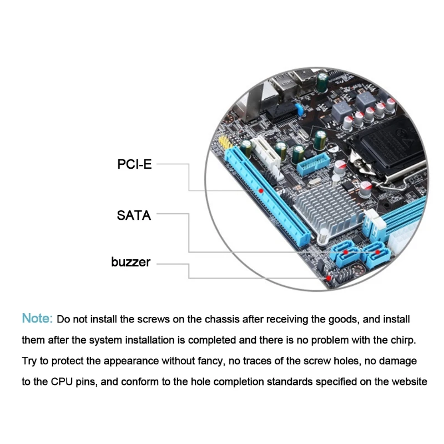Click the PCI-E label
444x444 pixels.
click(x=134, y=164)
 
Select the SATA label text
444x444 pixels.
click(x=134, y=215)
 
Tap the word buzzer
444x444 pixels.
click(x=130, y=262)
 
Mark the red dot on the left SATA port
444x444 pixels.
click(x=345, y=251)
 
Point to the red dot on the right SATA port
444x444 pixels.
click(x=379, y=251)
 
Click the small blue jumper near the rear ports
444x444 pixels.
click(x=299, y=109)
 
